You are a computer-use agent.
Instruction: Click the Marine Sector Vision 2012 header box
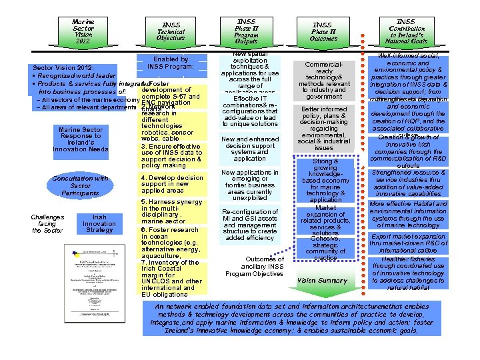pyautogui.click(x=83, y=31)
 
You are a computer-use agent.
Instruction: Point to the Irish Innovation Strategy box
pyautogui.click(x=99, y=223)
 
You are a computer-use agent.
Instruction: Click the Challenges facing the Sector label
pyautogui.click(x=48, y=223)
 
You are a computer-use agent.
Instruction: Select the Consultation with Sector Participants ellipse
pyautogui.click(x=81, y=185)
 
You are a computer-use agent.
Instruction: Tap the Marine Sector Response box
pyautogui.click(x=81, y=139)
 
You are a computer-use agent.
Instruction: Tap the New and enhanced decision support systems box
pyautogui.click(x=250, y=149)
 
